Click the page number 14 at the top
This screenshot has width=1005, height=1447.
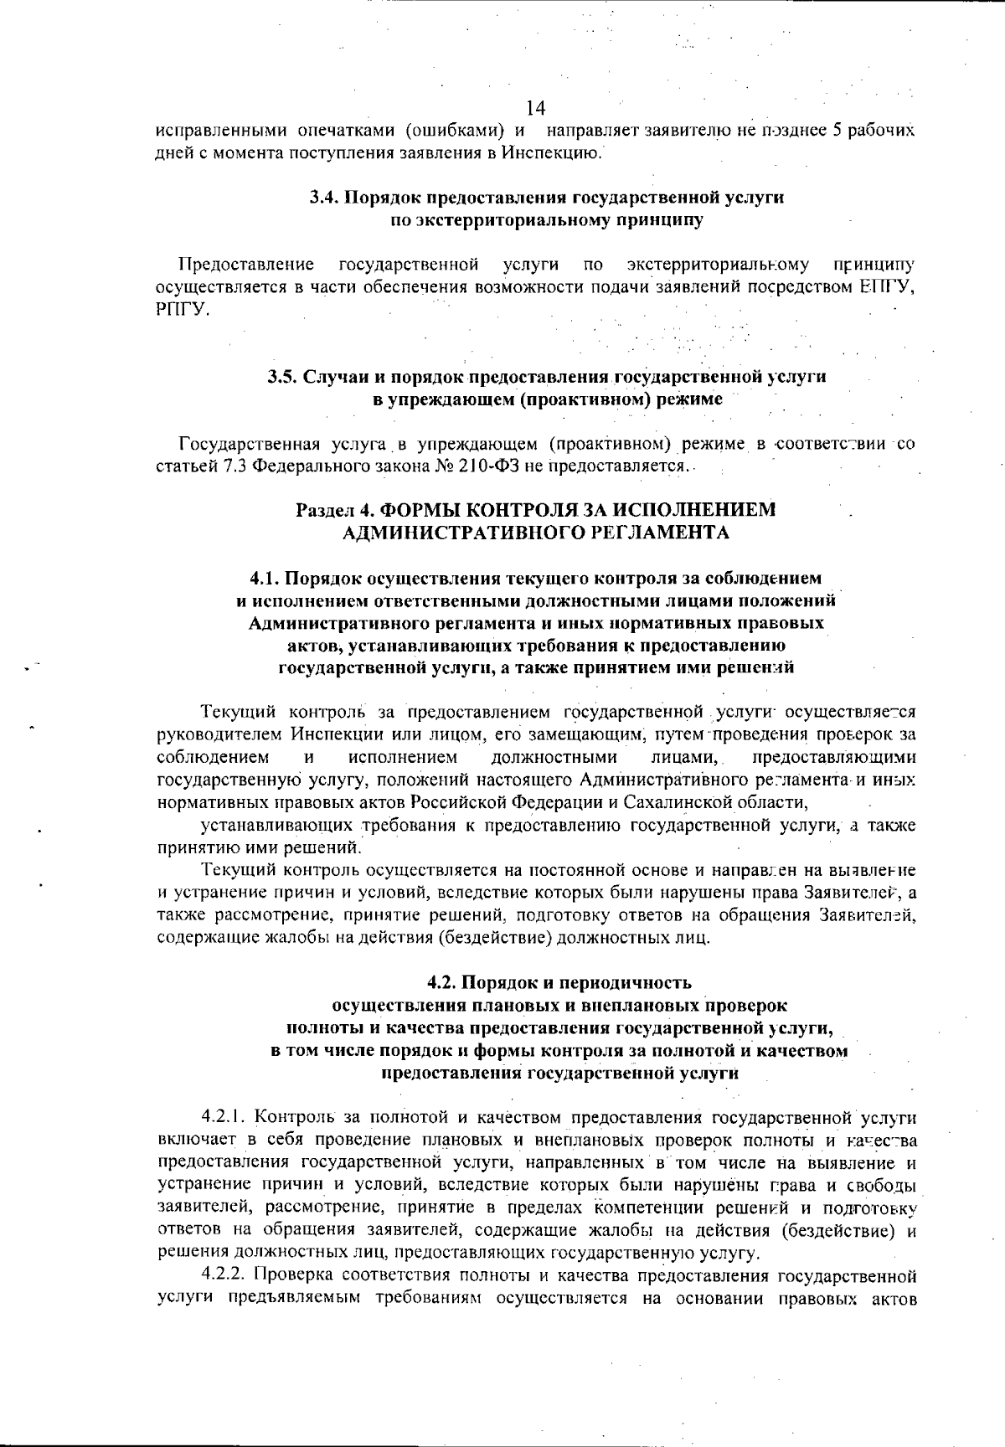pyautogui.click(x=537, y=109)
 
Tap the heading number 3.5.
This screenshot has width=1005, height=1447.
pyautogui.click(x=281, y=377)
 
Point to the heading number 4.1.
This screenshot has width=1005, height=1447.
pyautogui.click(x=266, y=578)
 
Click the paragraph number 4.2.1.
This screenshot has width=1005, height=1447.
pyautogui.click(x=224, y=1117)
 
